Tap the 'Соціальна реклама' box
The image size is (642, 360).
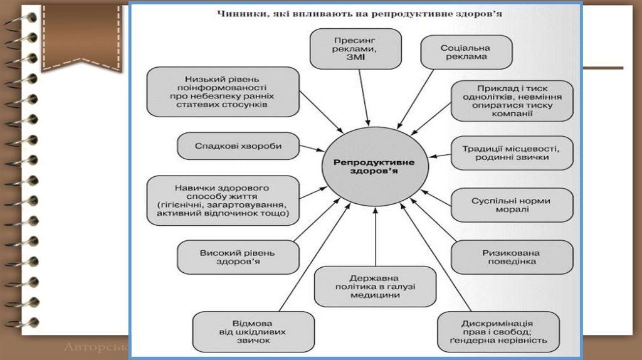pyautogui.click(x=456, y=51)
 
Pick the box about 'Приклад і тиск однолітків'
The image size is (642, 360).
pyautogui.click(x=512, y=100)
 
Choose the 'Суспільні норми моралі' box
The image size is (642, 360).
pyautogui.click(x=512, y=205)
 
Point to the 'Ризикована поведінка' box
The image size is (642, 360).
pyautogui.click(x=512, y=257)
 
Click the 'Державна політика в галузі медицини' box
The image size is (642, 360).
pyautogui.click(x=375, y=286)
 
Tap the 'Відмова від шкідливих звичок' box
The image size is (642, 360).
pyautogui.click(x=245, y=331)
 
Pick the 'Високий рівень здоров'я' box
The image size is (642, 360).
pyautogui.click(x=238, y=257)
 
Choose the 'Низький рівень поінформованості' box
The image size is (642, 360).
pyautogui.click(x=223, y=92)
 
